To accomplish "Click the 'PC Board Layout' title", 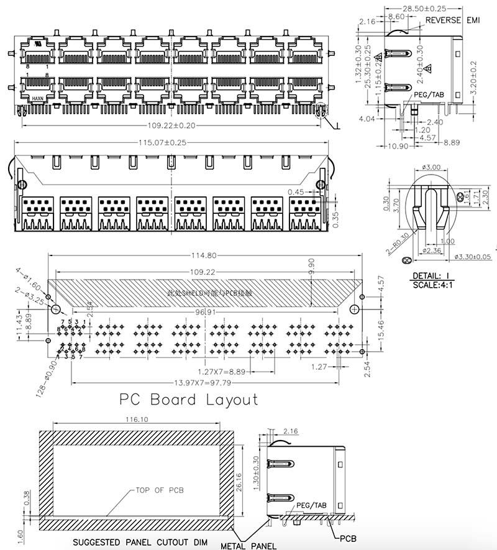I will (188, 399).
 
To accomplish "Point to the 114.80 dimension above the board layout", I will (206, 255).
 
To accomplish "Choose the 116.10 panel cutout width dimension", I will (135, 420).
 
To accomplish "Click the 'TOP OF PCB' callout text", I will (159, 490).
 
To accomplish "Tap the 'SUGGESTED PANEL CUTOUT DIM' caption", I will (140, 542).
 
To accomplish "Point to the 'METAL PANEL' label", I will (248, 546).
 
